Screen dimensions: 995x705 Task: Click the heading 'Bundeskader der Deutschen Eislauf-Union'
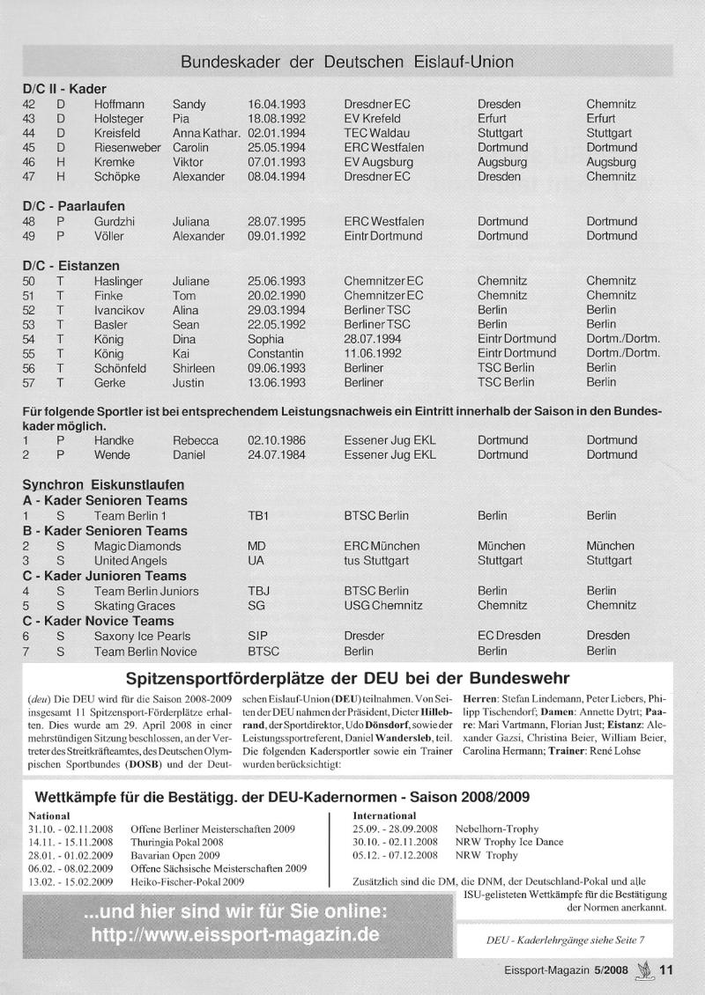[x=347, y=63]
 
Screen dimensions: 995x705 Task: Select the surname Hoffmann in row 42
[x=120, y=104]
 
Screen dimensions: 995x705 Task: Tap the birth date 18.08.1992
[x=276, y=118]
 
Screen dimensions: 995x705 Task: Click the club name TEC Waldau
[x=377, y=133]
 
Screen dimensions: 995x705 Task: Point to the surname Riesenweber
[x=127, y=148]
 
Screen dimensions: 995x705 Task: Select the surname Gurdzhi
[x=116, y=222]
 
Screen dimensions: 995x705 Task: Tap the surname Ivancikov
[x=122, y=310]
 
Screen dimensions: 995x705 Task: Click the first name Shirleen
[x=196, y=368]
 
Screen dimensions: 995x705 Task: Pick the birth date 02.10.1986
[x=276, y=440]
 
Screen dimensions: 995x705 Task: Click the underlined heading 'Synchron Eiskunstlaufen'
[x=103, y=485]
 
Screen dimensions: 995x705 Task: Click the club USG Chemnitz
[x=383, y=606]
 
